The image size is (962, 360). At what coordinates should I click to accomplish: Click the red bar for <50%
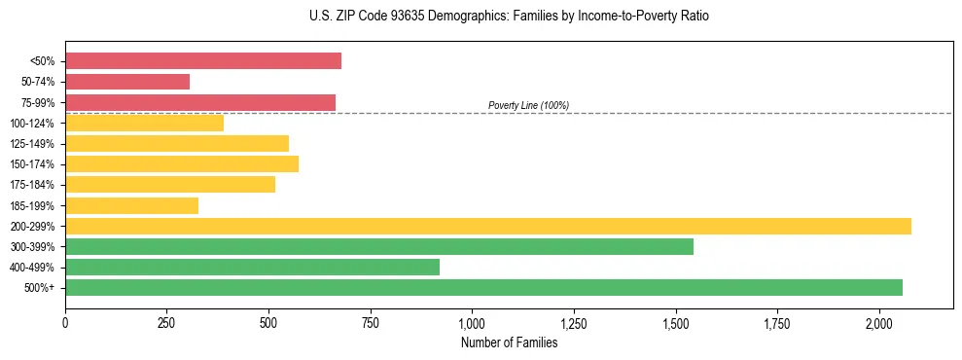(203, 61)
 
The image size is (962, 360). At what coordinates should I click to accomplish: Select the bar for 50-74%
(127, 82)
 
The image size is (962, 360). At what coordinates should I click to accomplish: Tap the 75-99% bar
(200, 102)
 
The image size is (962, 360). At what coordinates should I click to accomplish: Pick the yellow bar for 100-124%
(144, 123)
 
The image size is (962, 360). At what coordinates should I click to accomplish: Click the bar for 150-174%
(182, 163)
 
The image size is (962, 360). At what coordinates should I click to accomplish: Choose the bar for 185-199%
(131, 205)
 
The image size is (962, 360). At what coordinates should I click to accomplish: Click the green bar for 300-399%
(379, 246)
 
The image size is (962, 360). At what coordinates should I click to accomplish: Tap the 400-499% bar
(252, 267)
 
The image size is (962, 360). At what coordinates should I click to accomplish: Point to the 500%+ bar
(483, 287)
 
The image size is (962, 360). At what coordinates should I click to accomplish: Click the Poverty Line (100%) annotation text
(528, 105)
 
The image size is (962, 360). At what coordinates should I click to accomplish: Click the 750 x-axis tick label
(370, 322)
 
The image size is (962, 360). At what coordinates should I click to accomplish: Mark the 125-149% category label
(32, 144)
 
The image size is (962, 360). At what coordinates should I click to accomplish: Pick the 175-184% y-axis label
(32, 185)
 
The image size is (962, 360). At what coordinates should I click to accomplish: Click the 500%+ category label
(40, 288)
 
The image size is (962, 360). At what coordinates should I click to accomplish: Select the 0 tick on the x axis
(65, 322)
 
